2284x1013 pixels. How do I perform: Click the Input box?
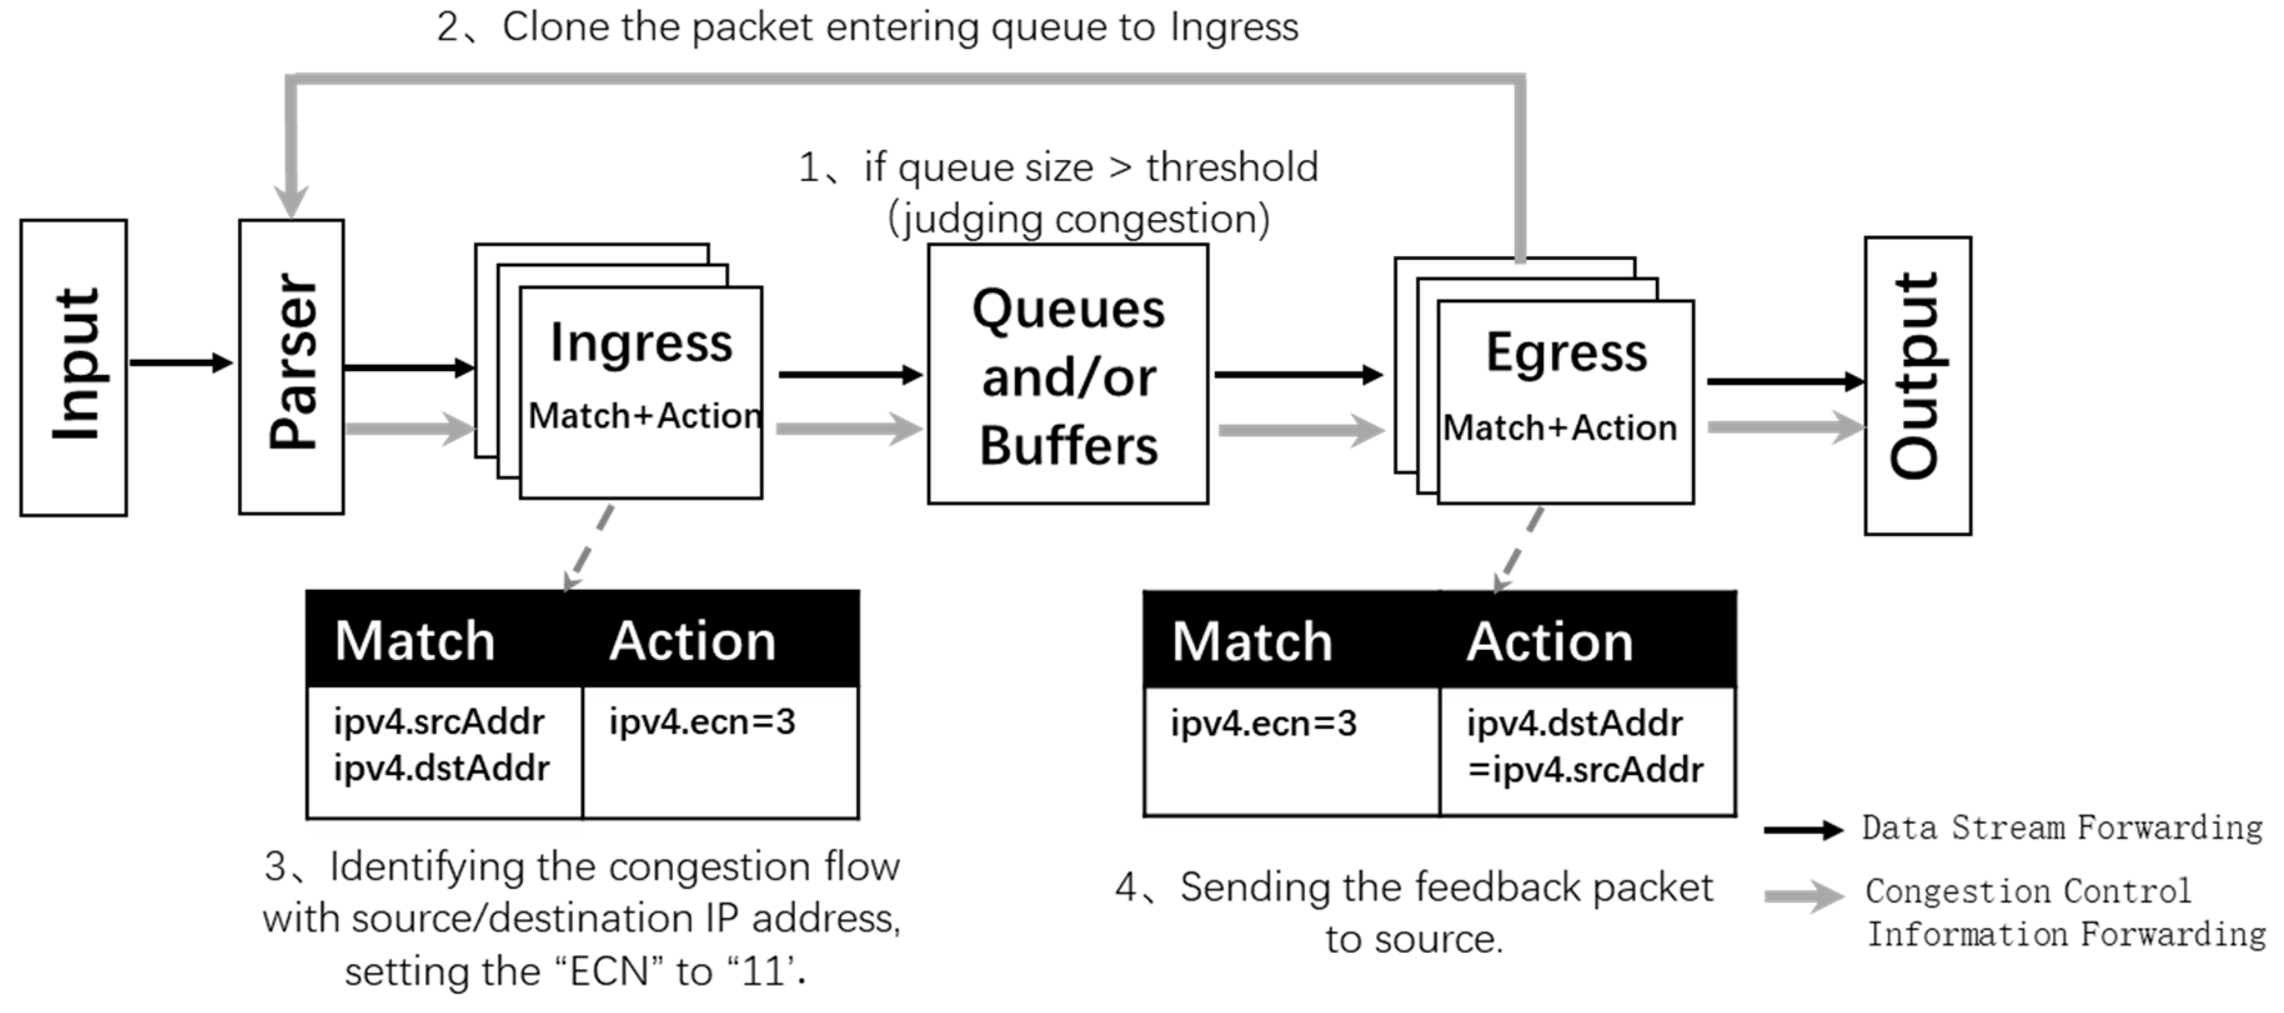[x=74, y=367]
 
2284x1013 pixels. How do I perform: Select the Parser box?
[x=292, y=366]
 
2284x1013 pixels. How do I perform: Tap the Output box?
[x=1917, y=385]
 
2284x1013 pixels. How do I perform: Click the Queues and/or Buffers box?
[x=1067, y=374]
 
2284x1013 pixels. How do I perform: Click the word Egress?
[x=1566, y=354]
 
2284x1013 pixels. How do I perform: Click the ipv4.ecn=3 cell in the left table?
[x=701, y=722]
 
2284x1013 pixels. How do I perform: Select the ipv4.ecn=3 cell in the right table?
[x=1263, y=724]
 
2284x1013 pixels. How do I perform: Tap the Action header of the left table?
[x=693, y=641]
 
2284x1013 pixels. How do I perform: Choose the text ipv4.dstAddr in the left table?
[x=442, y=768]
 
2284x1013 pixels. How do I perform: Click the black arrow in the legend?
[x=1802, y=831]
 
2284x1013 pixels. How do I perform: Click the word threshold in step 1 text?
[x=1232, y=167]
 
